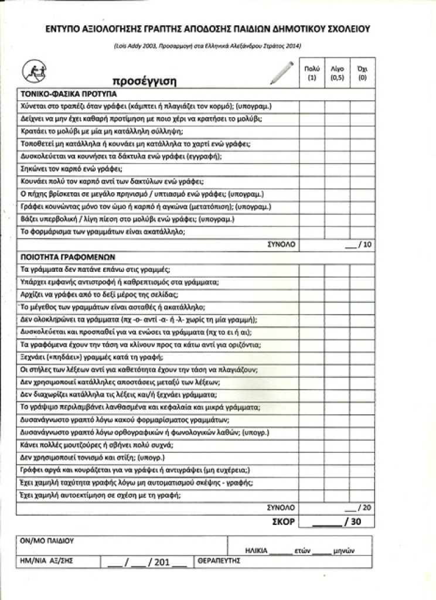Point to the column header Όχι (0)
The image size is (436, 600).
point(362,73)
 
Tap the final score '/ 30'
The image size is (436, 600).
point(353,521)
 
